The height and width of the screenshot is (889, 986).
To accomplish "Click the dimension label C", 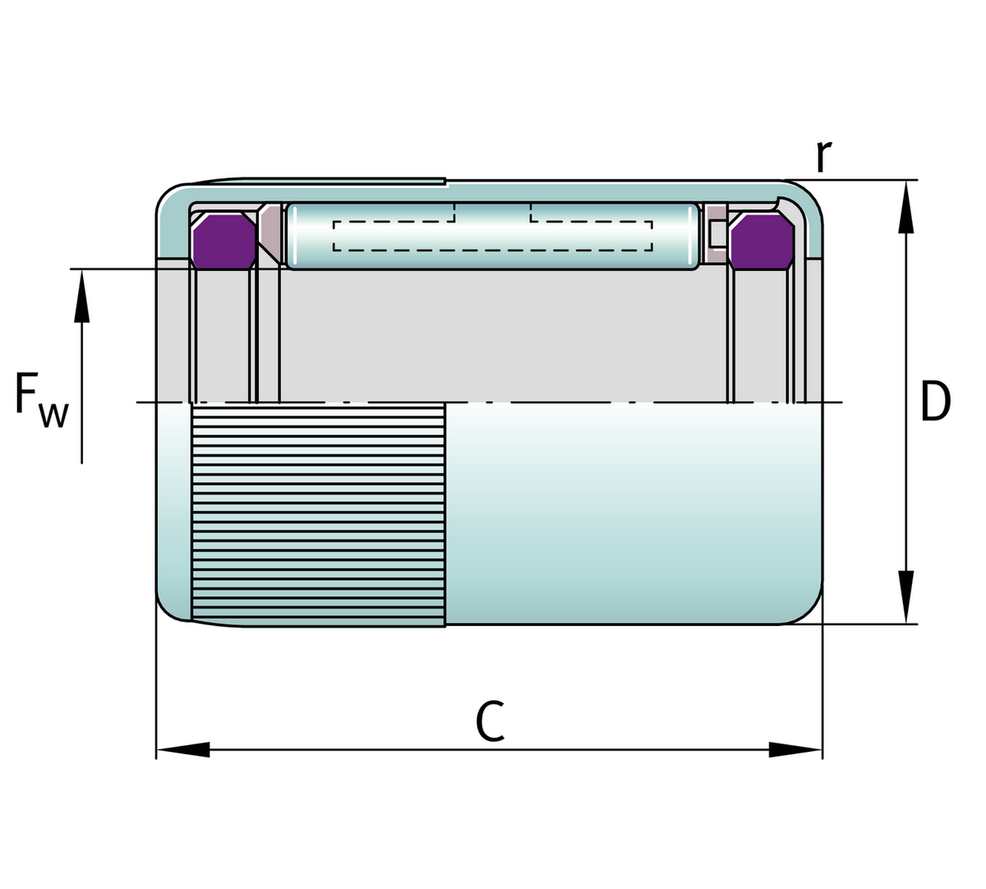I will tap(490, 721).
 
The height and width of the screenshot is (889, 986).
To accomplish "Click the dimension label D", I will tap(934, 401).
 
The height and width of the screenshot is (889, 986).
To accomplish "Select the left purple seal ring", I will tap(223, 239).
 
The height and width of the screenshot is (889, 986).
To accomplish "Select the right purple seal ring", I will tap(761, 240).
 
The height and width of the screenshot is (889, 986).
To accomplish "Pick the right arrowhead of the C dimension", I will tap(795, 749).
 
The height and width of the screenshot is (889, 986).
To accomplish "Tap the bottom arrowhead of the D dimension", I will tap(905, 597).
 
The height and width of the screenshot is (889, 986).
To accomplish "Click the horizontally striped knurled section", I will tap(318, 514).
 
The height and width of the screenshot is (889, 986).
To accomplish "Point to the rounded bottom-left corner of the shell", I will tap(171, 608).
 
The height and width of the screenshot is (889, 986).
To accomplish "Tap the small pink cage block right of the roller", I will tap(716, 233).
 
